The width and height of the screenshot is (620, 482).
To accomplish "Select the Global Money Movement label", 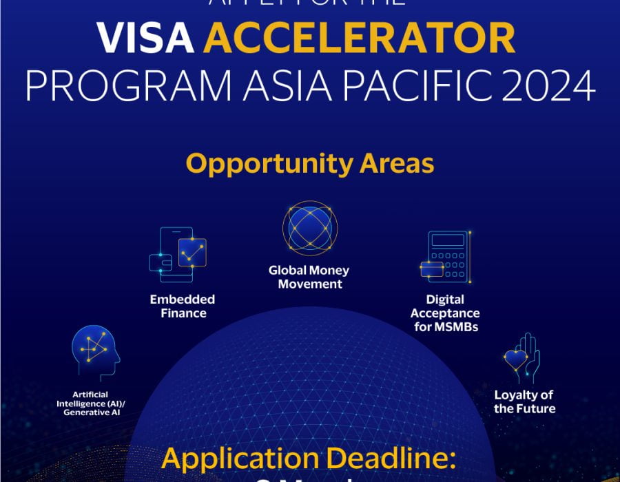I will (309, 277).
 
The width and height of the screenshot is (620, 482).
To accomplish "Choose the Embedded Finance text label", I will (183, 306).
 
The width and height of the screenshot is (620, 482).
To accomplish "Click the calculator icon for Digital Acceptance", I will (445, 257).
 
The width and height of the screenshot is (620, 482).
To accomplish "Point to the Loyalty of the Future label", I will (524, 401).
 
